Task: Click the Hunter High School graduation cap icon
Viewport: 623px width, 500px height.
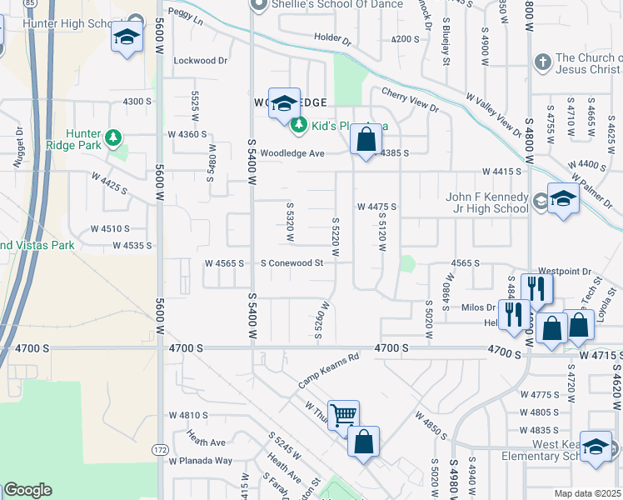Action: [126, 37]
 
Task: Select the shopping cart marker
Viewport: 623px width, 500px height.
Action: [342, 414]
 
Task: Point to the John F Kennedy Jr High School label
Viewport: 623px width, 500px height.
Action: [487, 202]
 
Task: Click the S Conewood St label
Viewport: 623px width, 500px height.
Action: [291, 263]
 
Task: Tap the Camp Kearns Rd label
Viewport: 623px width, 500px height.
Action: [328, 371]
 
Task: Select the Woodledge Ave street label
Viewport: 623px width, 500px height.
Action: [292, 153]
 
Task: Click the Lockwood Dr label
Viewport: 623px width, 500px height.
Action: [200, 61]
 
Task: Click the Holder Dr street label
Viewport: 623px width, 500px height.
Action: [333, 38]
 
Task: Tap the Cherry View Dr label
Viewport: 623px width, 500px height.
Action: [410, 100]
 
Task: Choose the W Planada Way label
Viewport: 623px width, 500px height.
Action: [200, 461]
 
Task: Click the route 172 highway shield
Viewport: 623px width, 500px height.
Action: [159, 450]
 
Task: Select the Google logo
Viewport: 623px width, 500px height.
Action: [28, 490]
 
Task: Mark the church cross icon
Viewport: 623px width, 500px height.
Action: [541, 62]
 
